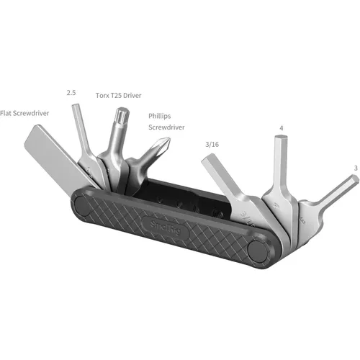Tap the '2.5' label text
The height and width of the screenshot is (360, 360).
pos(71,92)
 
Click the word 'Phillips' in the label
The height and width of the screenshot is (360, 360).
pos(161,115)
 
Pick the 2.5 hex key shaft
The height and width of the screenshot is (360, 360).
pos(81,137)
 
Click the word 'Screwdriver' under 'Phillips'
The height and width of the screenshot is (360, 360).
pos(166,127)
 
